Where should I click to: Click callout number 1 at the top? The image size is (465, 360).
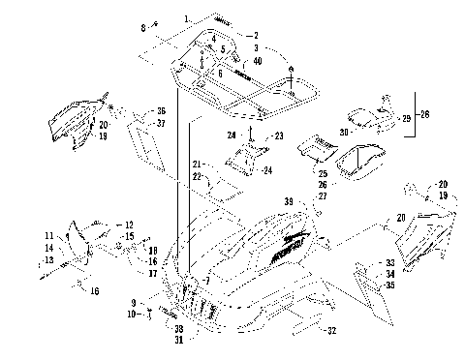(187, 19)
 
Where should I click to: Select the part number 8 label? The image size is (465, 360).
(143, 27)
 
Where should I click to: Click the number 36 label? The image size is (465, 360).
(161, 110)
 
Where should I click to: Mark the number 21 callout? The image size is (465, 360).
(195, 163)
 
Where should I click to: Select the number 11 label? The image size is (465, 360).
(48, 236)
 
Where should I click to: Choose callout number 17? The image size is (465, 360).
(153, 273)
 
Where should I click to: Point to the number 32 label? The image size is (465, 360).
(332, 331)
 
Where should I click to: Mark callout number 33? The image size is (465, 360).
(389, 263)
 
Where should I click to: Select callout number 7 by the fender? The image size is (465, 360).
(206, 281)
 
